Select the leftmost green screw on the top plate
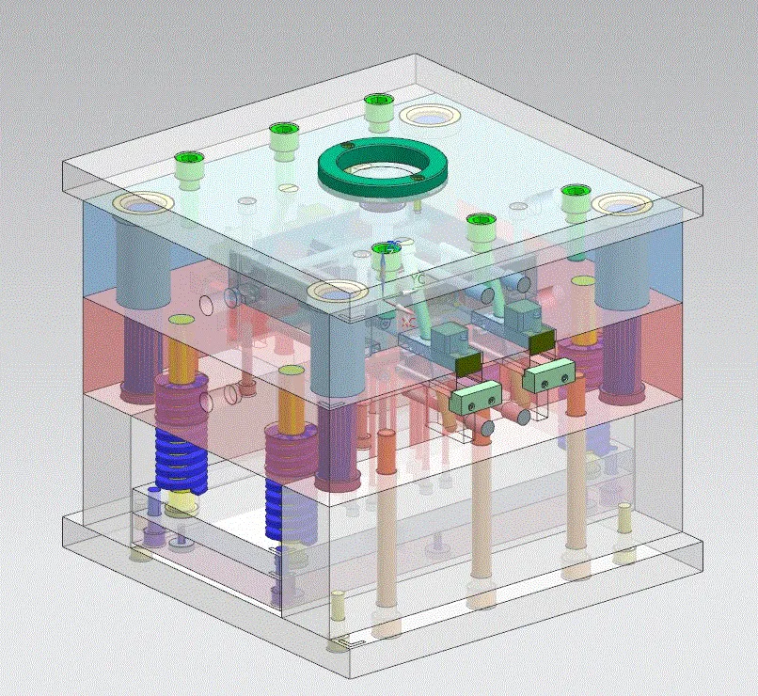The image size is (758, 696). (189, 165)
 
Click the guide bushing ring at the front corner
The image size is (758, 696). (337, 293)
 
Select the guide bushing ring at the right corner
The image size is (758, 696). (624, 204)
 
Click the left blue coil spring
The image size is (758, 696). (180, 461)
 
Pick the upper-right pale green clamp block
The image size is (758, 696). (548, 377)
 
